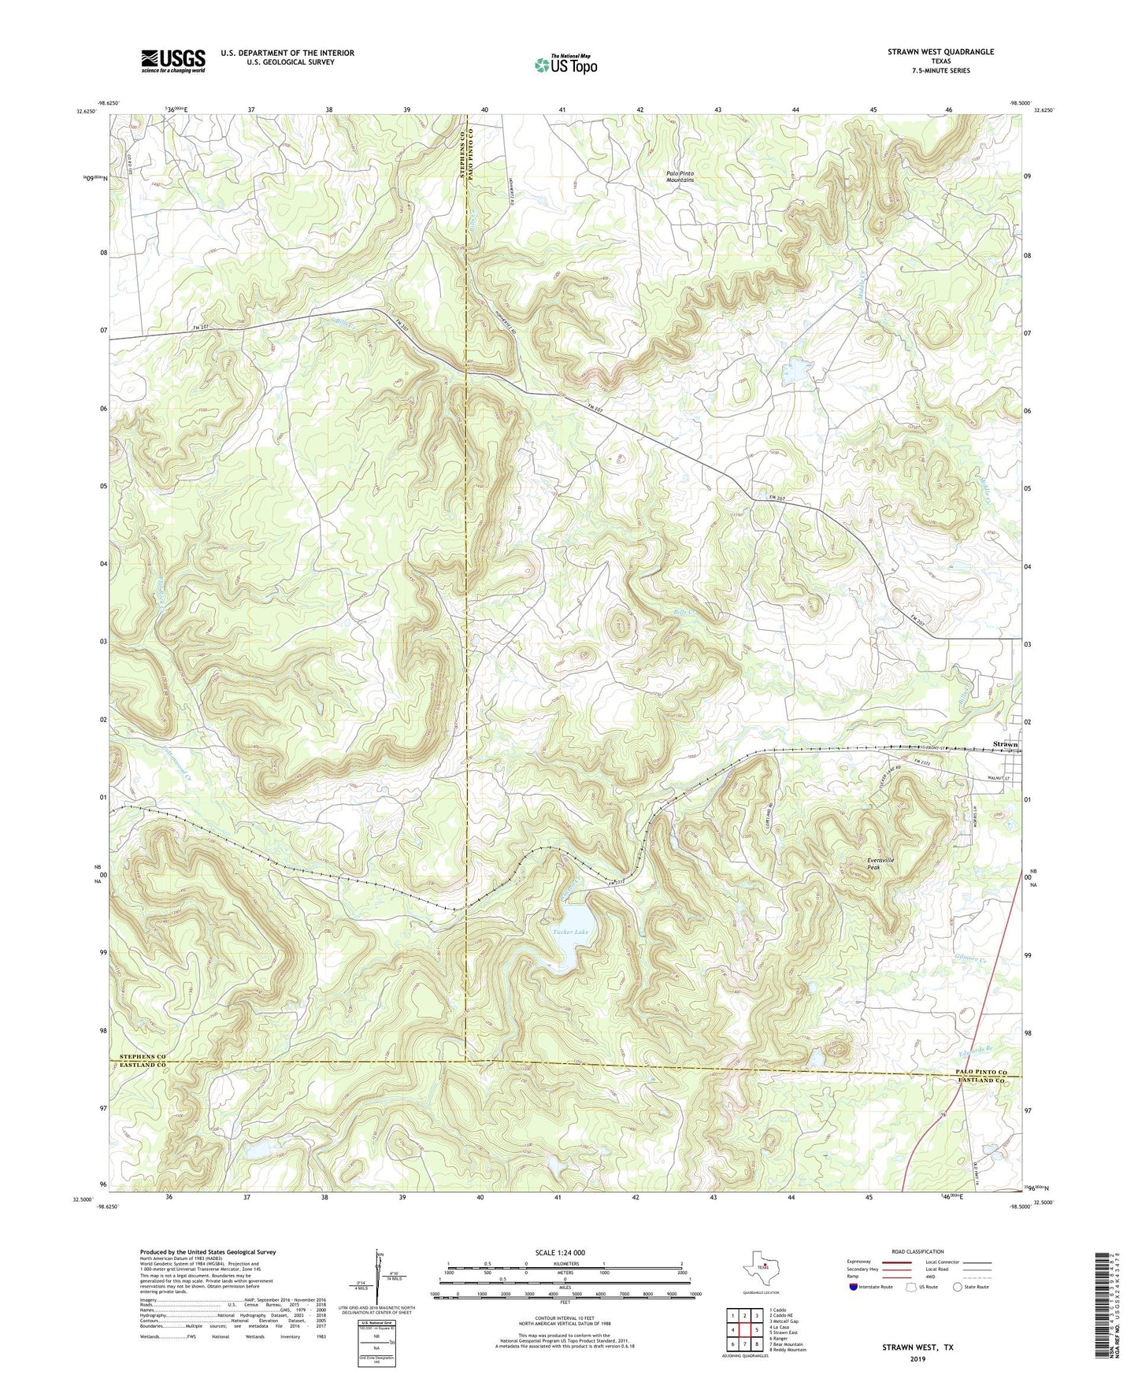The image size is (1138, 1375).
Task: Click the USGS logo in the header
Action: click(x=172, y=60)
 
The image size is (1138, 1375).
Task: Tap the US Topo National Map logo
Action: click(x=565, y=65)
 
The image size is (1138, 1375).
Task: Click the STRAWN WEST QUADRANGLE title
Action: click(x=940, y=52)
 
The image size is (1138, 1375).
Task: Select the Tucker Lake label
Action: click(x=571, y=932)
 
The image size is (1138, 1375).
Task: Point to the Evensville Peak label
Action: click(x=880, y=863)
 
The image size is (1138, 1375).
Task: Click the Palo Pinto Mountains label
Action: click(x=680, y=176)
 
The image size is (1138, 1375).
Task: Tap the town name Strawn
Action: click(x=1005, y=744)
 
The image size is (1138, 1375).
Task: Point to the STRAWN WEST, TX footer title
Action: click(x=917, y=1347)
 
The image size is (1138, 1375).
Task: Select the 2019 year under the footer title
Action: click(x=917, y=1358)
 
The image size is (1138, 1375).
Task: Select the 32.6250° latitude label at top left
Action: click(x=86, y=112)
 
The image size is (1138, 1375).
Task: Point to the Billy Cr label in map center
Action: click(x=684, y=612)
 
